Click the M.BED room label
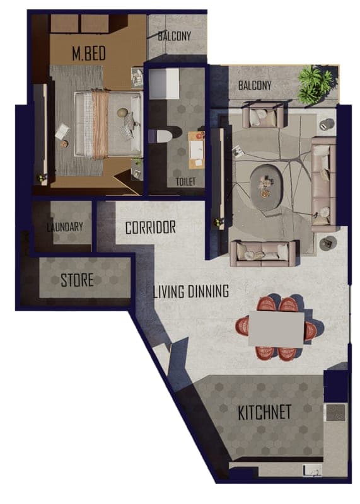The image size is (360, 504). [89, 54]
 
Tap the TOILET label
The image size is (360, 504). [185, 182]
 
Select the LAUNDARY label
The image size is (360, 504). [65, 227]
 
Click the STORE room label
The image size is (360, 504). [77, 280]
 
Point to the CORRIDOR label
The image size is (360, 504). [151, 227]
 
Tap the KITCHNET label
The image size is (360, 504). [264, 412]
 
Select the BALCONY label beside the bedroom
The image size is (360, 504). [175, 36]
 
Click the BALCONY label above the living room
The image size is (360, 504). [255, 86]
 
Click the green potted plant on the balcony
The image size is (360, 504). [315, 83]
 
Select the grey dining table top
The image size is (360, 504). [276, 328]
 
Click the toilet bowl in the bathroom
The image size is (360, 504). [163, 135]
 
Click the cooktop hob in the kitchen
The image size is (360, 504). [335, 413]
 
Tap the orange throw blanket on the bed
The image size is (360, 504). [100, 124]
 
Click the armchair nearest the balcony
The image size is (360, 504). [263, 114]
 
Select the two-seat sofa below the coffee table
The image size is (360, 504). [263, 253]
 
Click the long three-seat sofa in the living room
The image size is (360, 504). [323, 183]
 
